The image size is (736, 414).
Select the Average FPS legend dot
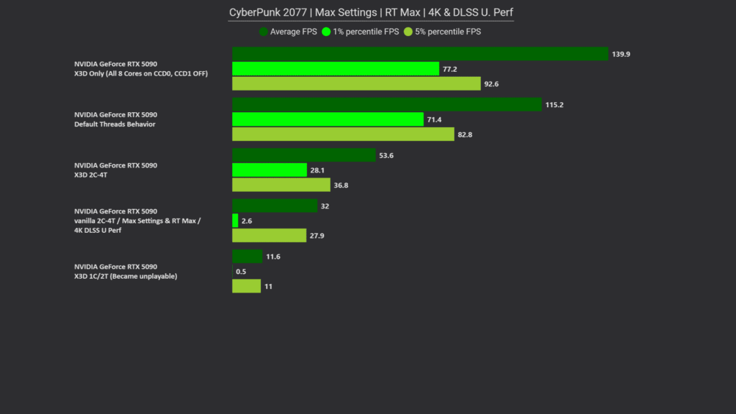point(263,32)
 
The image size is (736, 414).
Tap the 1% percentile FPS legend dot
point(326,32)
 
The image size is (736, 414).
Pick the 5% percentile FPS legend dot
point(408,32)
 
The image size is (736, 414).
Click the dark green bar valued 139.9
point(420,54)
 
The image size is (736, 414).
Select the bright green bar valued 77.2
point(336,69)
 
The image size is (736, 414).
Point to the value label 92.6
point(492,84)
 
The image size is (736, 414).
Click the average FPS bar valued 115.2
point(387,105)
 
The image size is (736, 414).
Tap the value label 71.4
point(434,120)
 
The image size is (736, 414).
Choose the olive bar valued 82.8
point(343,134)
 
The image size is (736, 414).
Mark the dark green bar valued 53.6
point(304,155)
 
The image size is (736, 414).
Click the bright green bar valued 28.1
point(270,170)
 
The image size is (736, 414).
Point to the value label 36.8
point(341,185)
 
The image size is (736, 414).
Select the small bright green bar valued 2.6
point(235,221)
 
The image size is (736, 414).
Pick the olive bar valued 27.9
point(269,236)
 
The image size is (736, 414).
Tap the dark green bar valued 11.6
point(247,257)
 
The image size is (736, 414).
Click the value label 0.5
point(241,271)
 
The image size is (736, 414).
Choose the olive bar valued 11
point(247,286)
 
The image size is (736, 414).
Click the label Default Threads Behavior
point(114,124)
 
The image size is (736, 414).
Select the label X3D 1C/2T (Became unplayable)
point(125,277)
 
